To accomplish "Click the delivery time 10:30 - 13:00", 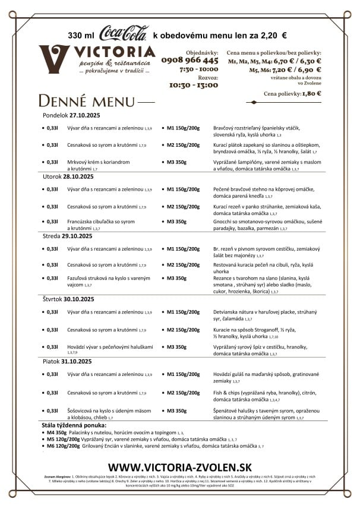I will (x=194, y=85).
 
